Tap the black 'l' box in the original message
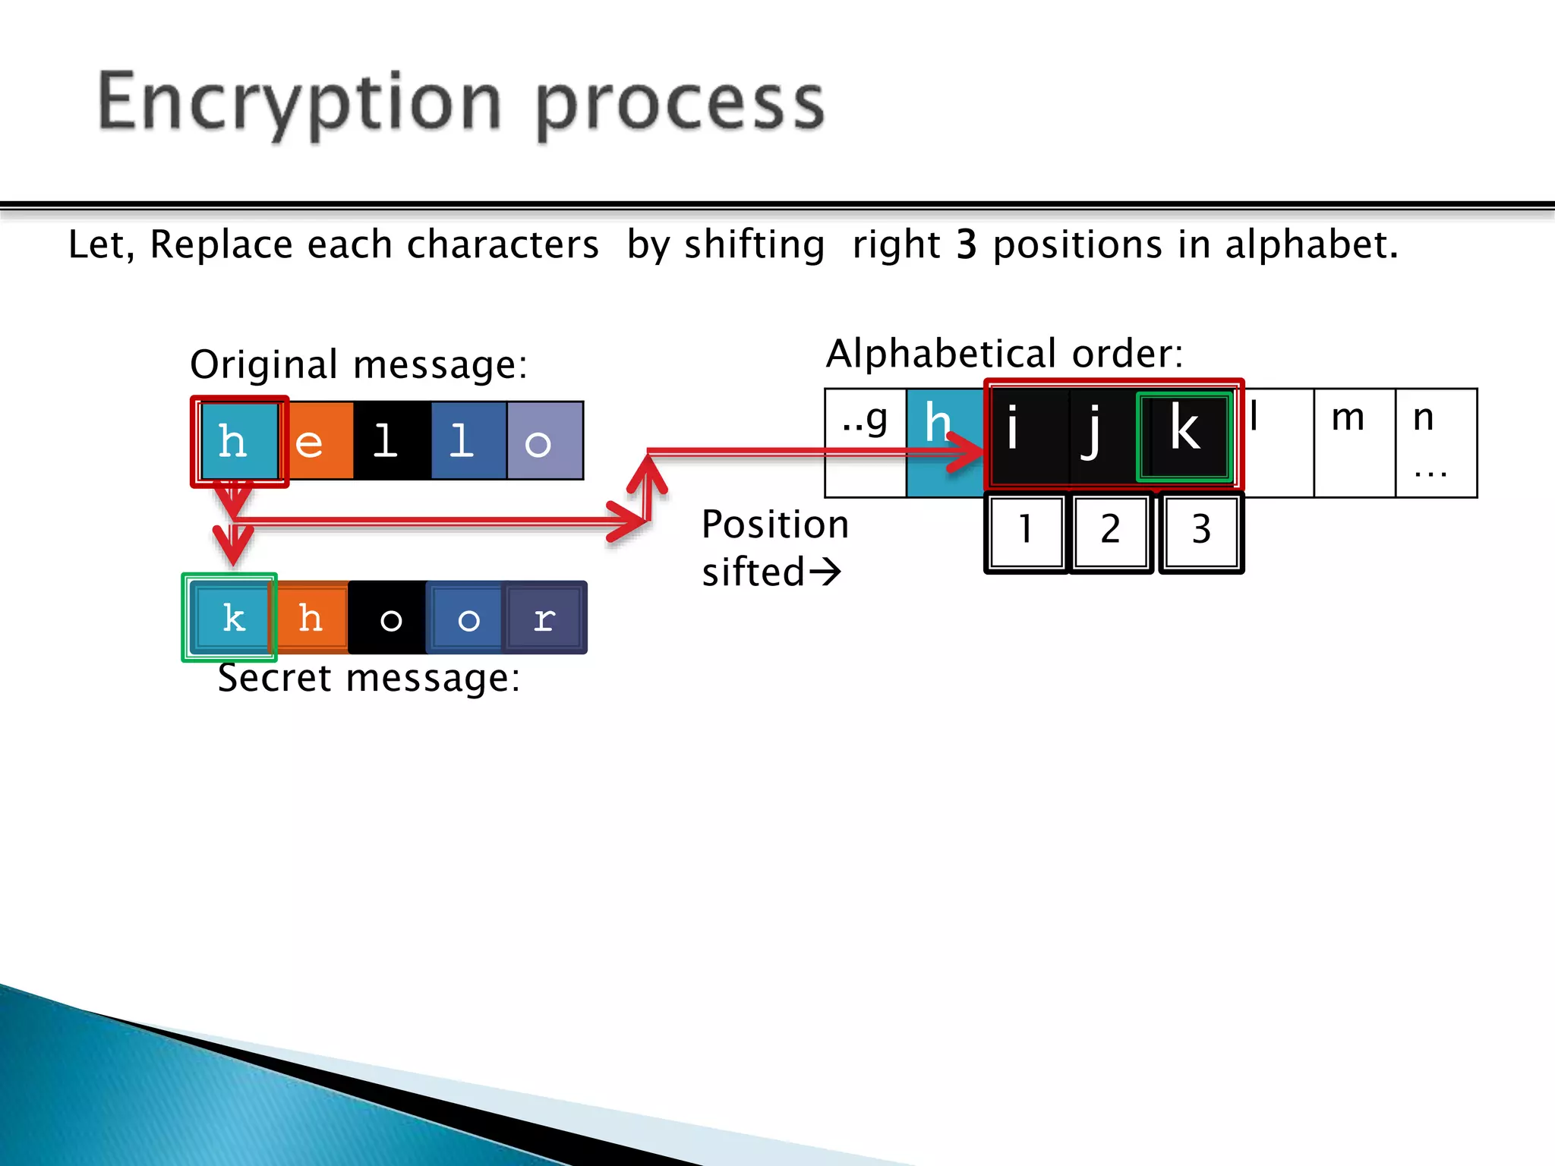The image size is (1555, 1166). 392,441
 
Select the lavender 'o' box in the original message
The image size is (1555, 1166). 544,441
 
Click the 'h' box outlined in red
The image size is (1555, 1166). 238,441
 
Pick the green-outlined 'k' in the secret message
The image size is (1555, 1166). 229,617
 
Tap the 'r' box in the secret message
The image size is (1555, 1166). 544,617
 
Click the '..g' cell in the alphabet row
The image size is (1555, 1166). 865,443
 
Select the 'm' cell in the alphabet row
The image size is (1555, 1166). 1354,443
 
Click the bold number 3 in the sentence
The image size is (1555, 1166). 966,245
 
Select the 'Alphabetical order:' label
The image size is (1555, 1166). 1004,354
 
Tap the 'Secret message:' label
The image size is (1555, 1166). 369,678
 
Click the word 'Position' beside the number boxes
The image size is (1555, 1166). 774,525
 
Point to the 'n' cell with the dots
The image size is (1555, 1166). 1435,443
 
